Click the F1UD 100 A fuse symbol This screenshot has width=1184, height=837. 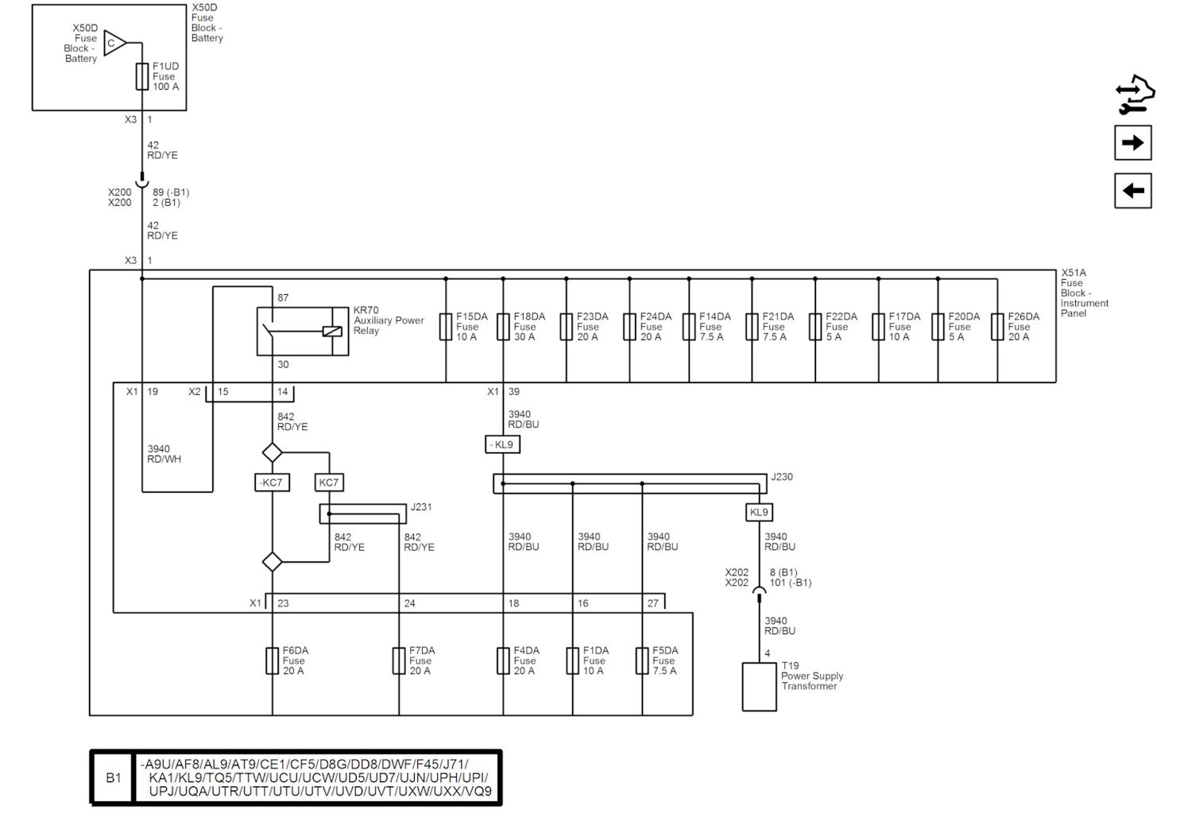click(x=141, y=76)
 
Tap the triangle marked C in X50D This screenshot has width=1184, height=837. click(x=114, y=43)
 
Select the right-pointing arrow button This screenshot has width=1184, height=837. click(x=1132, y=143)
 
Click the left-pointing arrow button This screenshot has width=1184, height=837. click(x=1132, y=191)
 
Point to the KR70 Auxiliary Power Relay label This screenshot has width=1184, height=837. click(x=389, y=320)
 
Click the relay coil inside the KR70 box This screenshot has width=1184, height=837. click(x=332, y=331)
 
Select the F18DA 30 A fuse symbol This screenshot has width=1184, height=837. click(x=503, y=327)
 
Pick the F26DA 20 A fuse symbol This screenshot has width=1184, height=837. click(x=997, y=327)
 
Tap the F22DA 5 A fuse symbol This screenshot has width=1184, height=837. click(x=815, y=327)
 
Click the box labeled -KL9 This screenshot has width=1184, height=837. click(x=502, y=444)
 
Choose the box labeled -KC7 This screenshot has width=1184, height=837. click(x=272, y=482)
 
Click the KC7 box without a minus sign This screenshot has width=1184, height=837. click(x=329, y=482)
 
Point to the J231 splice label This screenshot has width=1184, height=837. click(x=421, y=507)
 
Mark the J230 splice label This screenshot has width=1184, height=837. click(x=782, y=477)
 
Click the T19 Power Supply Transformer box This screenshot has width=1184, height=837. click(x=759, y=686)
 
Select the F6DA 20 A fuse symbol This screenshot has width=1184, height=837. click(x=272, y=661)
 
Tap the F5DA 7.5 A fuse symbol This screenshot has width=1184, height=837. click(x=642, y=661)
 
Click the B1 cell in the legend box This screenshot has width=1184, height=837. click(x=113, y=777)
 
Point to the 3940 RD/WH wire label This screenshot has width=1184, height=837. click(x=164, y=454)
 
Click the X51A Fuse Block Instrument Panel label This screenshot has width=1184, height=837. click(x=1084, y=293)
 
